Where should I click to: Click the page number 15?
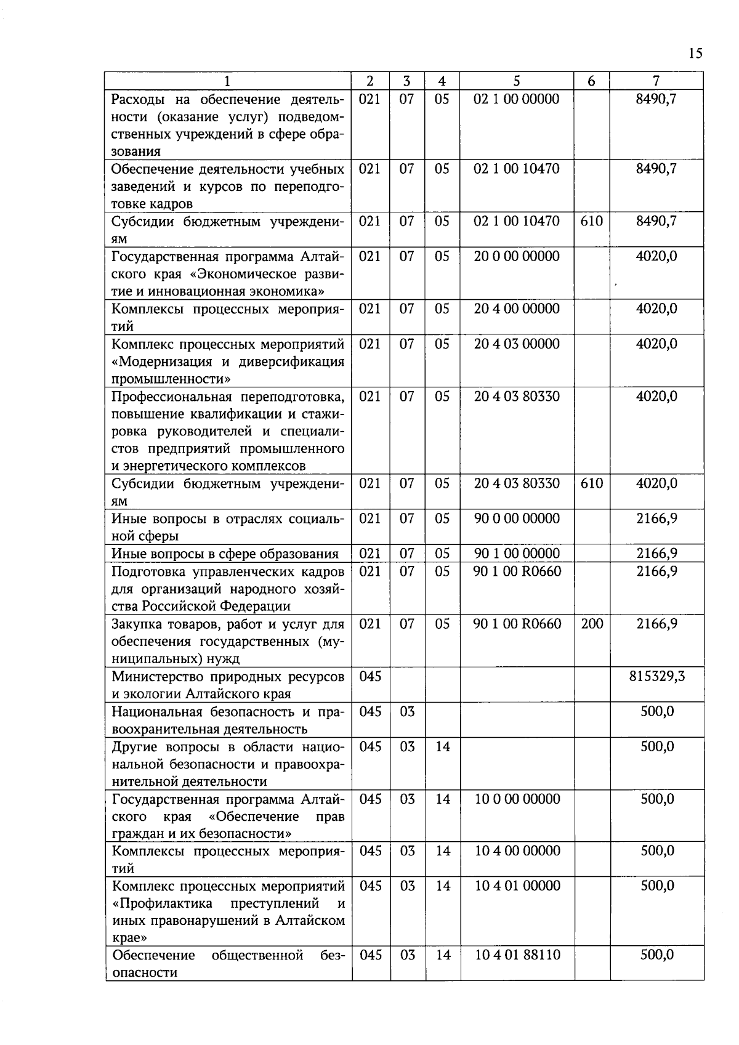pos(695,54)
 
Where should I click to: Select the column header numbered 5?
pos(517,81)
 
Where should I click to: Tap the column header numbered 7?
pos(656,81)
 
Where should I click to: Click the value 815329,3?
pos(656,677)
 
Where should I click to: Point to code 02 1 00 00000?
pos(517,99)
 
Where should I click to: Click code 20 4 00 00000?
pos(517,309)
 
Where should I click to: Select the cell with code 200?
pos(592,624)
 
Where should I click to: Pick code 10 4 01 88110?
pos(517,955)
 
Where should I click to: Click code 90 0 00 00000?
pos(517,518)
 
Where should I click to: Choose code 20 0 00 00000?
pos(517,256)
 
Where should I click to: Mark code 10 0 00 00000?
pos(517,799)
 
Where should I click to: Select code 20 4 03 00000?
pos(517,344)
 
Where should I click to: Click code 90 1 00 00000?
pos(517,554)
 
